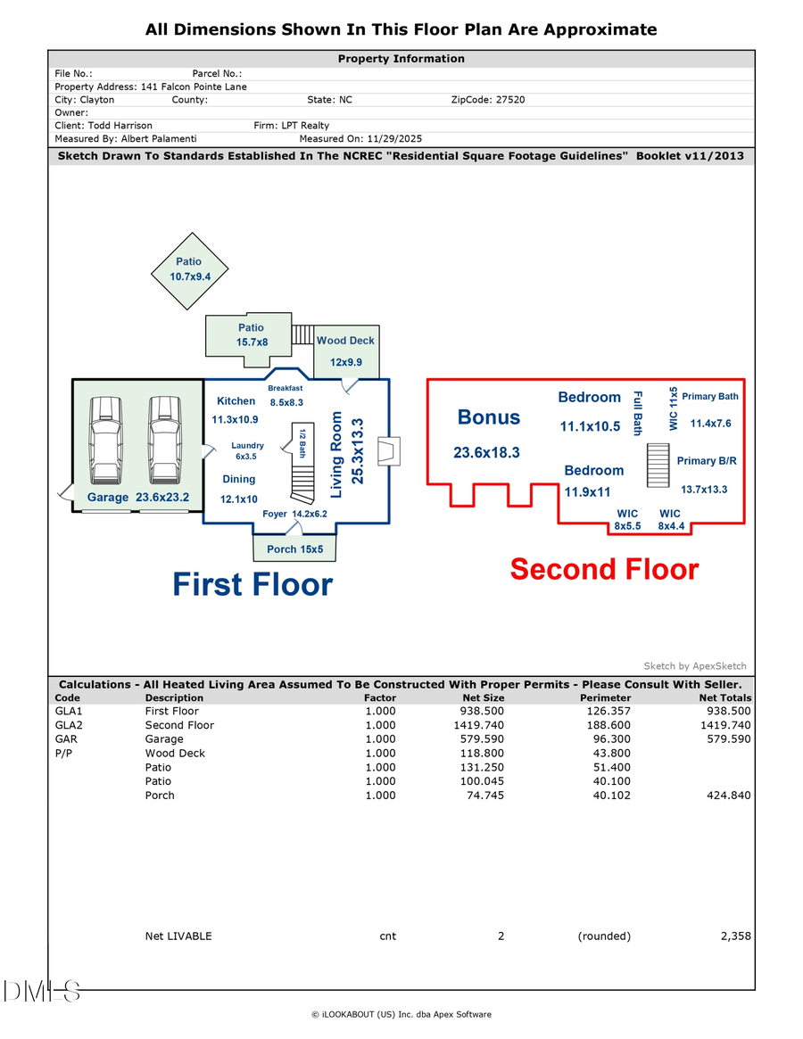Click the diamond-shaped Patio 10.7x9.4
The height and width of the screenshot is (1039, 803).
point(188,269)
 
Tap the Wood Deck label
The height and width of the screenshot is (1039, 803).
point(345,341)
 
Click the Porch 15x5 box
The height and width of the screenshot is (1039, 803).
point(294,548)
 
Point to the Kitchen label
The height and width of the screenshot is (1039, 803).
point(236,401)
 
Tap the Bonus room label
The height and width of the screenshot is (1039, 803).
point(488,417)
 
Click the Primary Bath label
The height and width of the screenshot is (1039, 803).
point(710,396)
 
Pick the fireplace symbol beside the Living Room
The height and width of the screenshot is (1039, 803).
point(389,451)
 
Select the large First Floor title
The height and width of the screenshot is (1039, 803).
point(252,584)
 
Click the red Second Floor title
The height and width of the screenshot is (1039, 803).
point(604,569)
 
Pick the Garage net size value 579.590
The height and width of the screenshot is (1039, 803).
point(482,739)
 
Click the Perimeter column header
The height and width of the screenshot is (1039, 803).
point(605,697)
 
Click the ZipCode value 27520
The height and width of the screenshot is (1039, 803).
point(508,100)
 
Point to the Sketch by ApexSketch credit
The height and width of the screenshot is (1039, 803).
point(694,666)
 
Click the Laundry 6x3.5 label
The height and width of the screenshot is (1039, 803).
point(246,450)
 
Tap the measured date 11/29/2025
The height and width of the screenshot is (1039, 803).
point(386,139)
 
